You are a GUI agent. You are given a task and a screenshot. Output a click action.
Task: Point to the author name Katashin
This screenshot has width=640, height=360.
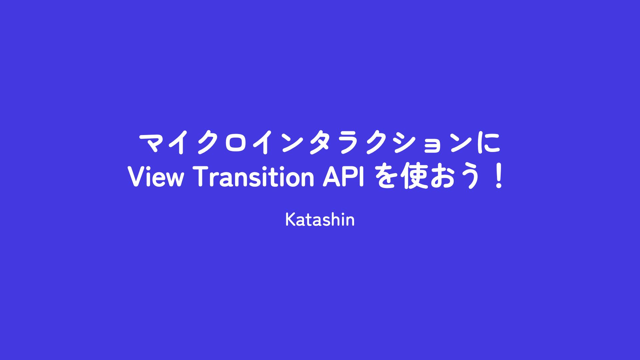click(320, 220)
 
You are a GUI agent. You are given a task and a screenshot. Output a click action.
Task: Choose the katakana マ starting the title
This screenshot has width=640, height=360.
click(152, 144)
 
